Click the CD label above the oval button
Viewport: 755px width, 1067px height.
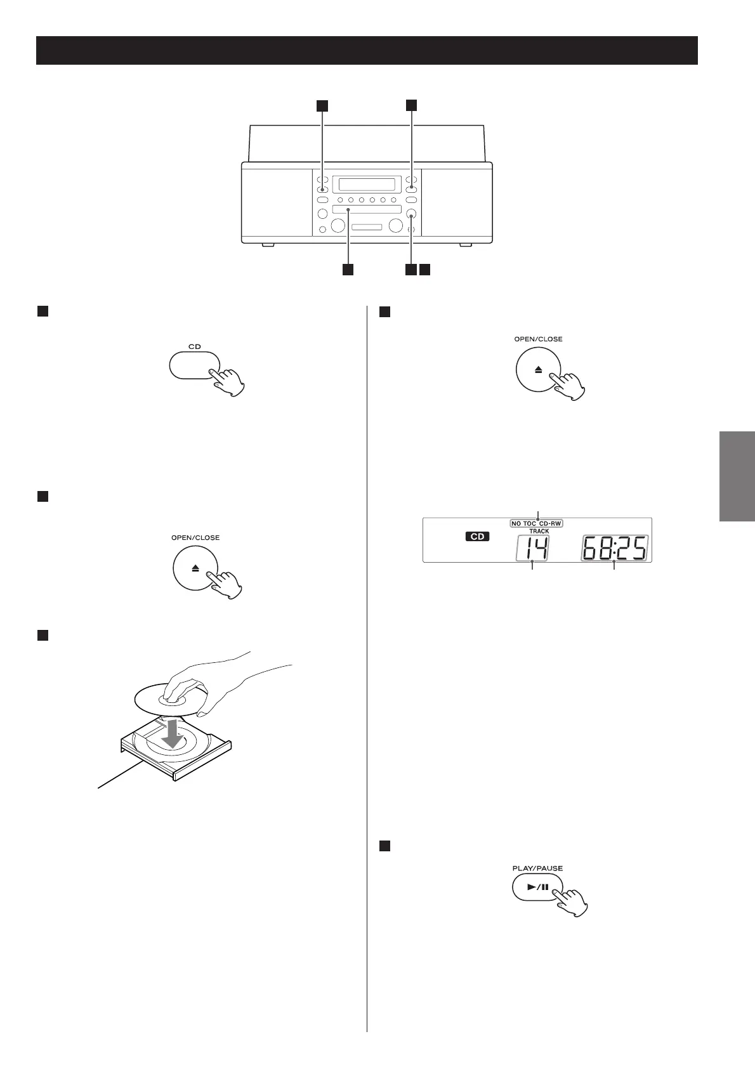[195, 346]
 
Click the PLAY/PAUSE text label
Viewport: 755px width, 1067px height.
[537, 868]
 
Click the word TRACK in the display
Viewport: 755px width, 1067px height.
[539, 531]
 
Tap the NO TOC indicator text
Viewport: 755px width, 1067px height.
[524, 524]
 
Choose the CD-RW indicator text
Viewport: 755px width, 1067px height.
[551, 524]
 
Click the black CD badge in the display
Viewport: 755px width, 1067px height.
[477, 537]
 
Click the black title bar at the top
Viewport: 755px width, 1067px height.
[367, 51]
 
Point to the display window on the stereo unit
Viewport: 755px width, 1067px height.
[367, 185]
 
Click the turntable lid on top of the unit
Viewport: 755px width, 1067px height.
[367, 143]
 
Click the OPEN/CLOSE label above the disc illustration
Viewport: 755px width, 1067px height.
[195, 537]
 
